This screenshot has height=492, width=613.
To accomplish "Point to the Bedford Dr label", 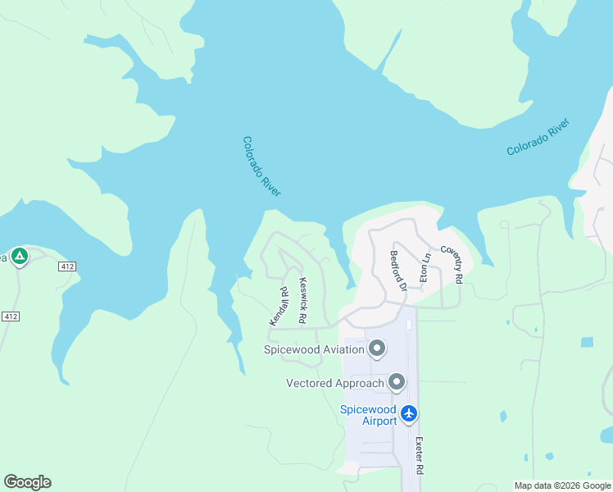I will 398,271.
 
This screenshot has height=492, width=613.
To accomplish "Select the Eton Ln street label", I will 425,268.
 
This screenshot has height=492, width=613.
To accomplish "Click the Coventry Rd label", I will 452,264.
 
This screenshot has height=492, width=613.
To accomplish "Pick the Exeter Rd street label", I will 419,456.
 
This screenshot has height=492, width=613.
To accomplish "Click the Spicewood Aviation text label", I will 313,350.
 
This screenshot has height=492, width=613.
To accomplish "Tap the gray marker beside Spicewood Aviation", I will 377,349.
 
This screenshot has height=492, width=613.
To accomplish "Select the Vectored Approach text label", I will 335,383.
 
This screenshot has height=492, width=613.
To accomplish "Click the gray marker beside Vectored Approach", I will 397,382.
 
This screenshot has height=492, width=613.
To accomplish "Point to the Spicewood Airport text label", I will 368,415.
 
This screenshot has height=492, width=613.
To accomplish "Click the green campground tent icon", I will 20,256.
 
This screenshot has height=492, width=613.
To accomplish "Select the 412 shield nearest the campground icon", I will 68,266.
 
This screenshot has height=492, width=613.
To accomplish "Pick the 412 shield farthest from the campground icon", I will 10,317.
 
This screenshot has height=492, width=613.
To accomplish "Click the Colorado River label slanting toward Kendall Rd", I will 261,166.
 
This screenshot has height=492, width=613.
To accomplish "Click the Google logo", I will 27,482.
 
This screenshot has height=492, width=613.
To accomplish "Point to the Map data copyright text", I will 561,485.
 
